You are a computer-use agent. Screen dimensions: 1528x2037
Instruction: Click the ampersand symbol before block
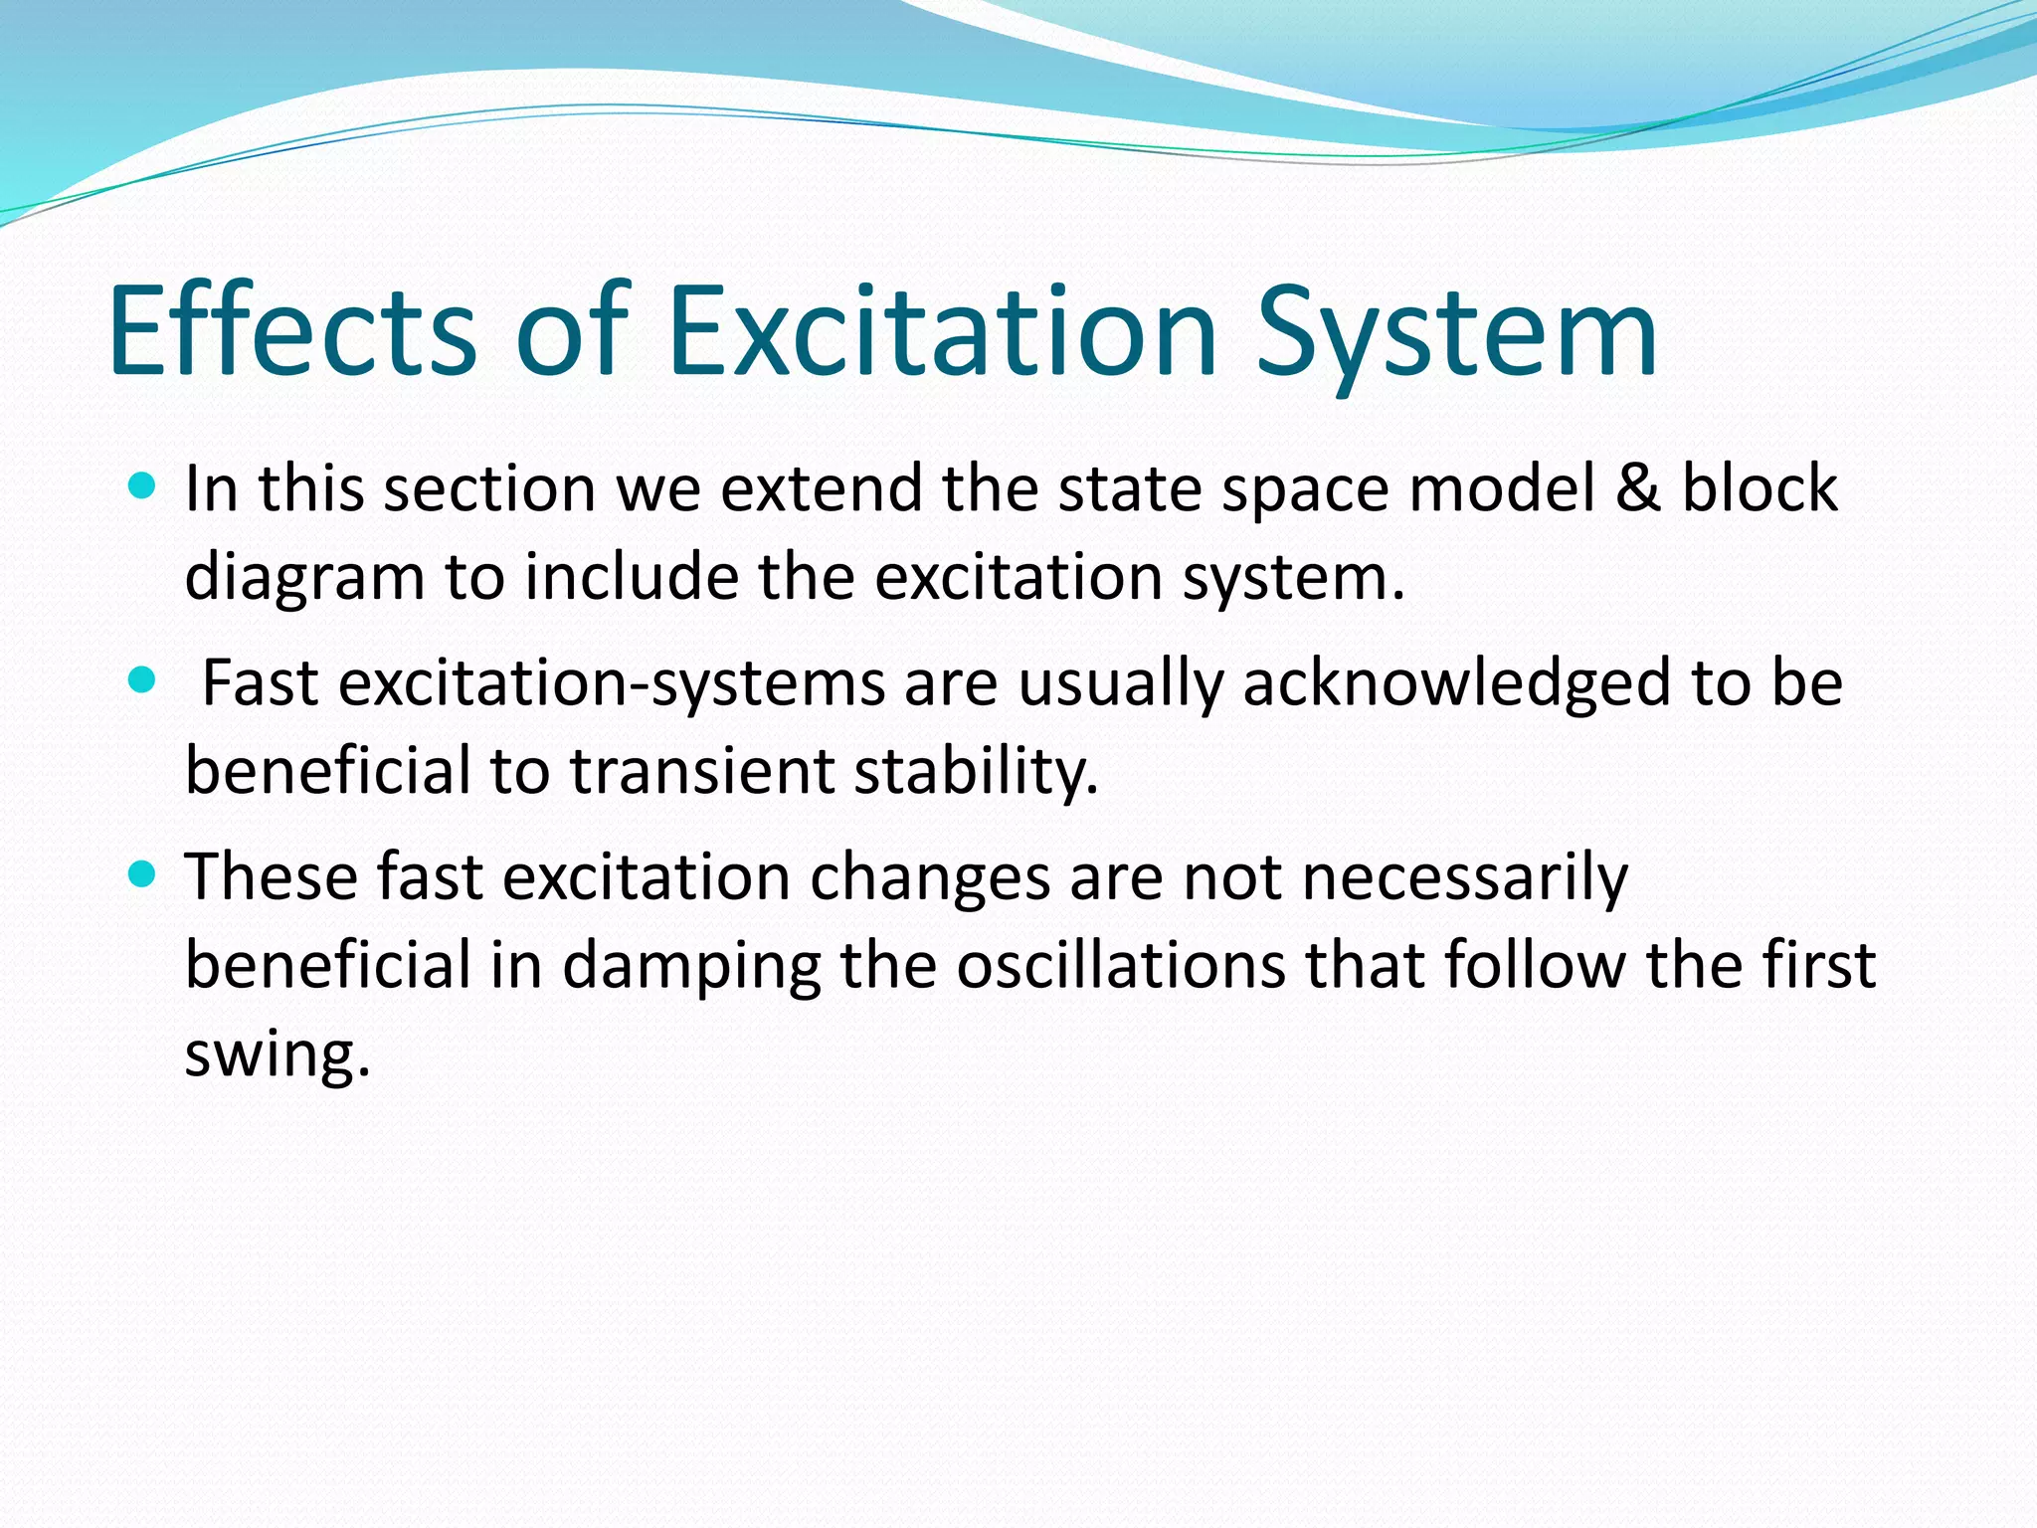[x=1637, y=488]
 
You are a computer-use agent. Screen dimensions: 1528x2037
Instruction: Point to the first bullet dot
[x=143, y=485]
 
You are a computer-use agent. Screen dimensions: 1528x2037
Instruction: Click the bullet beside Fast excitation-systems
[x=143, y=680]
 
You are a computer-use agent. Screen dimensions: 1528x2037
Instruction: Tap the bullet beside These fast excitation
[x=143, y=874]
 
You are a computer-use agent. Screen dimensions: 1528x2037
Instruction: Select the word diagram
[x=304, y=577]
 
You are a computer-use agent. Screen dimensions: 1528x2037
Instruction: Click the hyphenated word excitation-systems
[x=612, y=683]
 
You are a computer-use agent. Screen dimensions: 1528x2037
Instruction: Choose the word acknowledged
[x=1456, y=683]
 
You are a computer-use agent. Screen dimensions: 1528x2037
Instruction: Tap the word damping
[x=691, y=966]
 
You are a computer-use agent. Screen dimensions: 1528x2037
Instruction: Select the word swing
[x=277, y=1054]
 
